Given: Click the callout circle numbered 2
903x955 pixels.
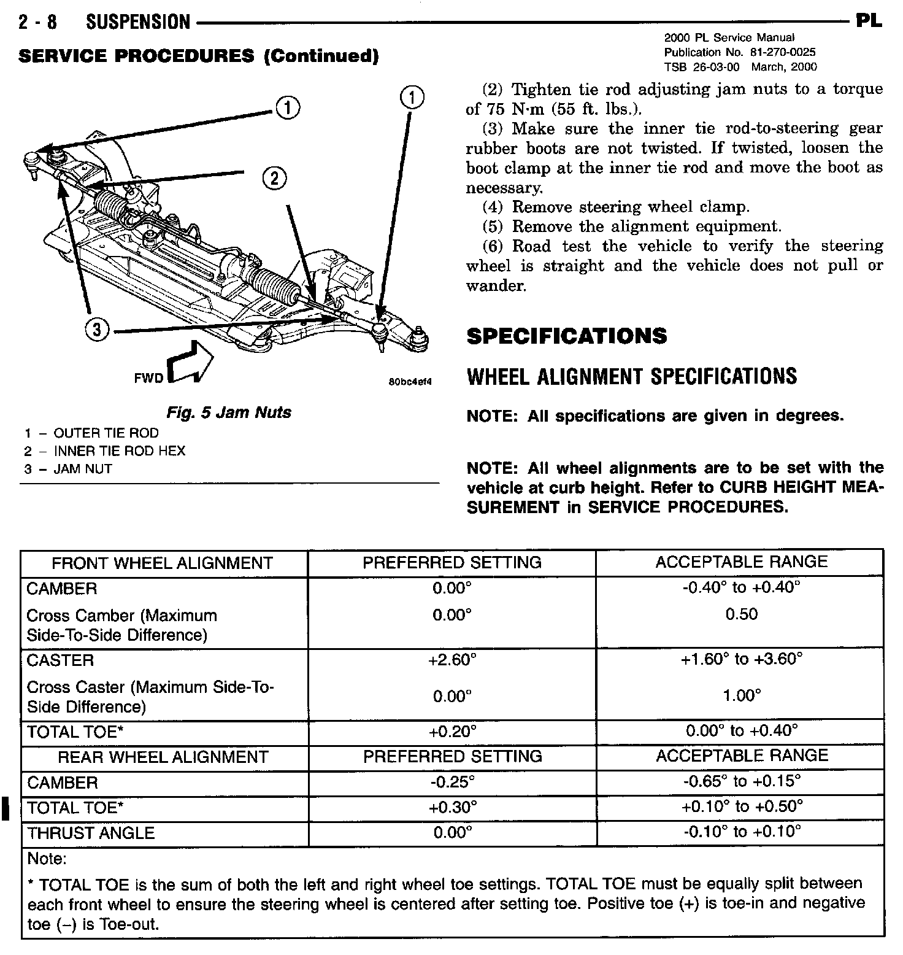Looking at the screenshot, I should [x=274, y=178].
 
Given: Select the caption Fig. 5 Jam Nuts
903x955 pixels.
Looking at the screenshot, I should [x=229, y=412].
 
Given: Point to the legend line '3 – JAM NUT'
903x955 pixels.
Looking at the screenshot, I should [x=68, y=470].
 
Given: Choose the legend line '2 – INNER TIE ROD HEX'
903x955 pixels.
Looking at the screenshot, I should [x=104, y=451].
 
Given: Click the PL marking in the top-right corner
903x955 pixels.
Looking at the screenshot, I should [x=869, y=21].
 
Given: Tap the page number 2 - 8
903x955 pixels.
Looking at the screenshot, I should [x=37, y=23].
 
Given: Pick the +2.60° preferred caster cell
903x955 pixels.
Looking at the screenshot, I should [x=452, y=660].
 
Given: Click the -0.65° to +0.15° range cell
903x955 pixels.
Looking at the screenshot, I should [x=742, y=781].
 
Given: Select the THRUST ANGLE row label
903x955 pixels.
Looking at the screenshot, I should [x=91, y=833].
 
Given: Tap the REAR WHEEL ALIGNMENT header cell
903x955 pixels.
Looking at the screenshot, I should [x=163, y=757].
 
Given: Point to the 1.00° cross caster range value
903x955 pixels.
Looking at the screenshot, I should [x=742, y=696].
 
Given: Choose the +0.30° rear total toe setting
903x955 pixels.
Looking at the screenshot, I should [x=452, y=807].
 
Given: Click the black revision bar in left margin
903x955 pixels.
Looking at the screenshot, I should [x=6, y=807].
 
